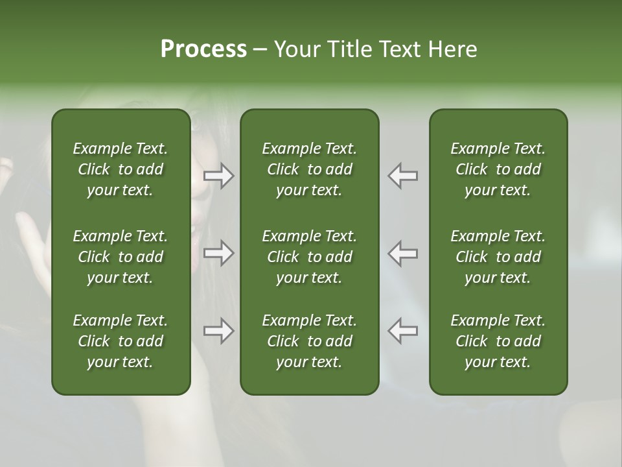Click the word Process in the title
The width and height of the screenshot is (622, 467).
203,49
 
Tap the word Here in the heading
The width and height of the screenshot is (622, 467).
452,49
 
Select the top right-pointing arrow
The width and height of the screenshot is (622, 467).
219,176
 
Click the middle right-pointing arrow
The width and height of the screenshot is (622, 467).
219,253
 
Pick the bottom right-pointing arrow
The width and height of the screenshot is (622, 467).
219,331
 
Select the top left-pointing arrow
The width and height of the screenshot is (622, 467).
403,176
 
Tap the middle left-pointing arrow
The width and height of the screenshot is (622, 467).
403,253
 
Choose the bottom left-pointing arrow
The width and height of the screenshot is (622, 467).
403,331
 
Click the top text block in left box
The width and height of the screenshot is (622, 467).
121,169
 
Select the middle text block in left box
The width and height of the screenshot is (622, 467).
121,257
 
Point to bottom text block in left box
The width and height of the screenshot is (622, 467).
121,341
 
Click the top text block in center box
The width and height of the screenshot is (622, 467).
310,169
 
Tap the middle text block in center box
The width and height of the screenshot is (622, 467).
310,257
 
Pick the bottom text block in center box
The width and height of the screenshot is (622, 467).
310,341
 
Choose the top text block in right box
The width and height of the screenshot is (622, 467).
498,169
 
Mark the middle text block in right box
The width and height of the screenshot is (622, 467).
498,257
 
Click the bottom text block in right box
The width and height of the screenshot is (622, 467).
498,341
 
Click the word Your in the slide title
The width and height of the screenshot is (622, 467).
298,49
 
